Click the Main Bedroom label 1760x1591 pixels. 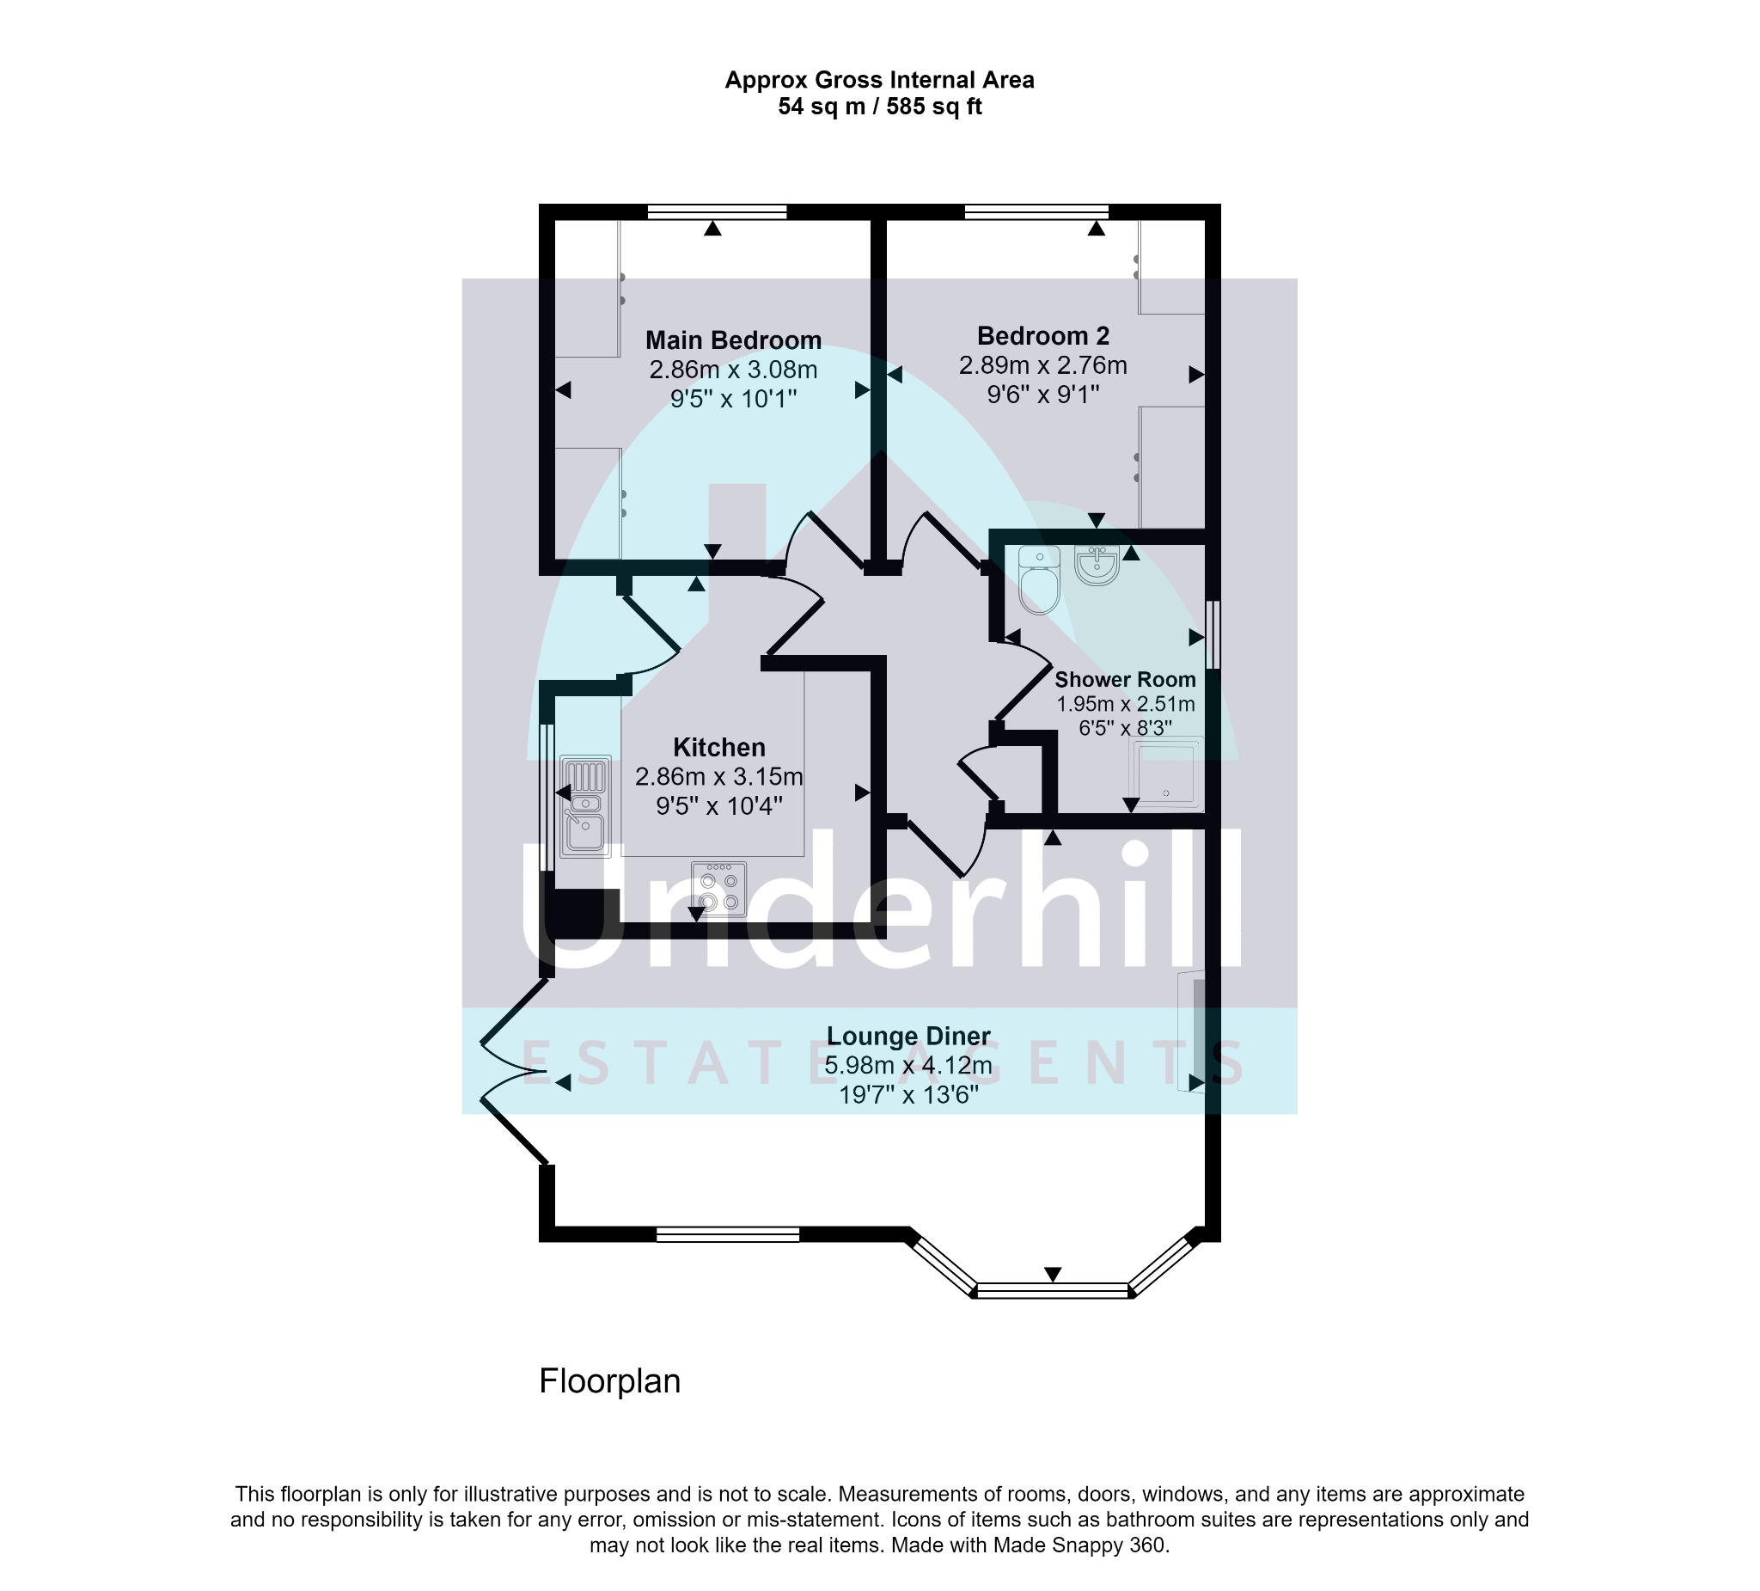[733, 340]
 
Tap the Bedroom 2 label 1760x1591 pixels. [1043, 335]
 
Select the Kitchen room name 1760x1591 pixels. [719, 748]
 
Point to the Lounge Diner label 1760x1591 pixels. [908, 1036]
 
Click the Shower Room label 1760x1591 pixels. [1125, 679]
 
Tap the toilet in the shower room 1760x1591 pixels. [1039, 580]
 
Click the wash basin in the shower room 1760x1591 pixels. [1097, 565]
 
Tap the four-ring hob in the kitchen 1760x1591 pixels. [718, 889]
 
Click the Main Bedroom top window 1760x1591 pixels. [717, 211]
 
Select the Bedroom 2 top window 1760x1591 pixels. [1036, 211]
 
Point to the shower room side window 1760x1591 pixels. [1213, 635]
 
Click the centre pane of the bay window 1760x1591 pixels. [1053, 1291]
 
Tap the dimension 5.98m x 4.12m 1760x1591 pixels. [908, 1065]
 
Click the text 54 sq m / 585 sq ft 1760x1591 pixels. [880, 107]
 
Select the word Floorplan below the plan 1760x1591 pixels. [609, 1381]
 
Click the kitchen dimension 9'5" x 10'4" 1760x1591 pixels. [719, 805]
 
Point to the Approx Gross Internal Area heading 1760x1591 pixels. [880, 80]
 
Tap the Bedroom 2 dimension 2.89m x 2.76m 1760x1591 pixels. [1043, 365]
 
